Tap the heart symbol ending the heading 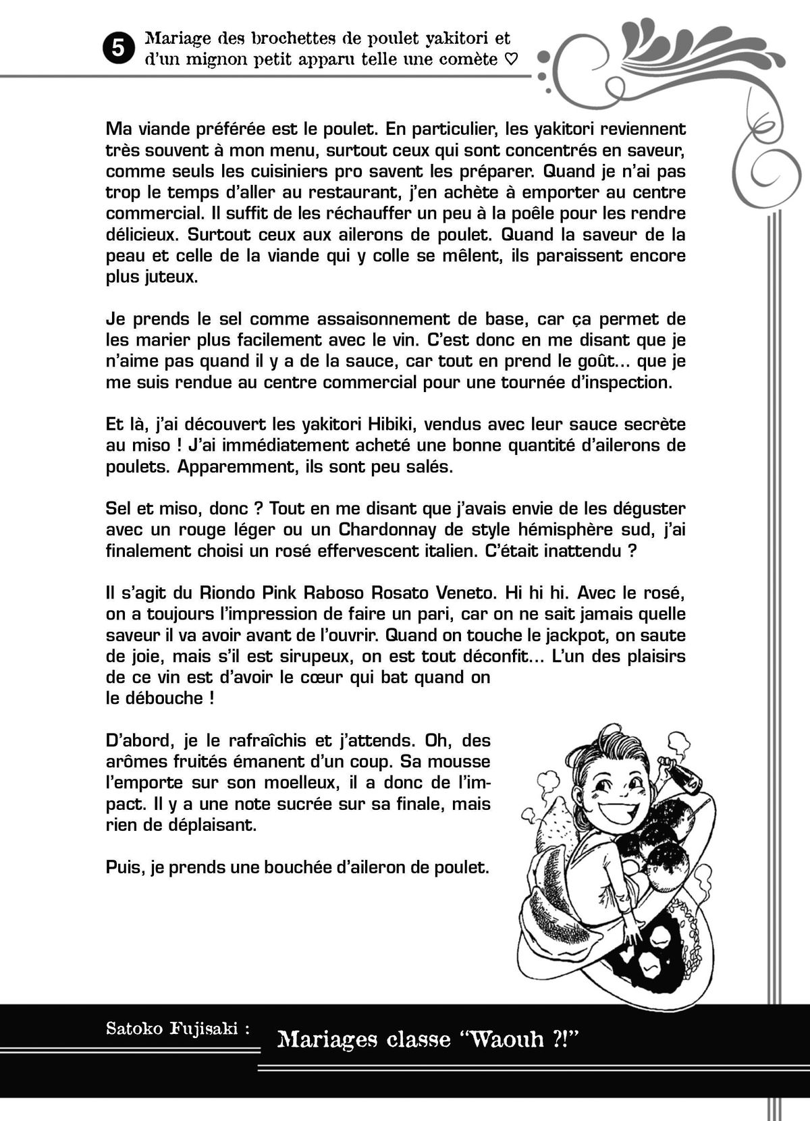coord(512,59)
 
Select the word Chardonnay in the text coord(391,529)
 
